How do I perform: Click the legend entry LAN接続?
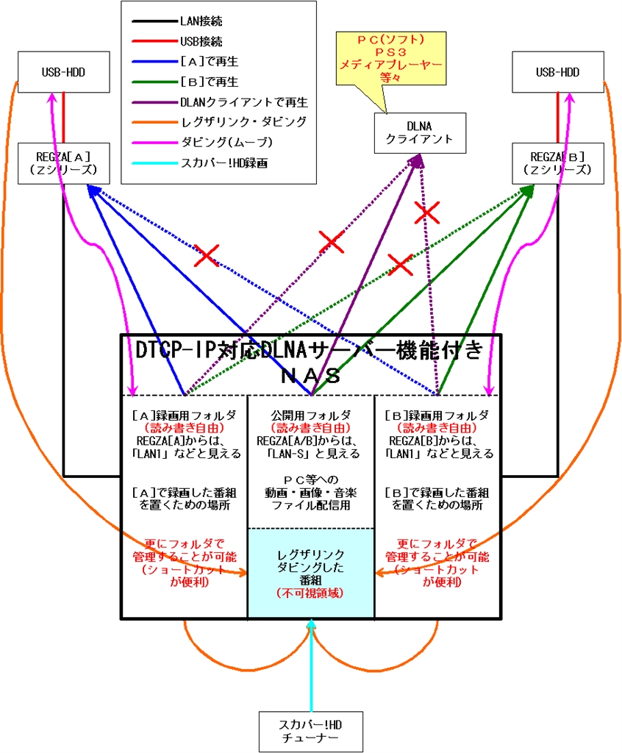click(203, 21)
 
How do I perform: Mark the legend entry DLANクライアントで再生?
click(243, 101)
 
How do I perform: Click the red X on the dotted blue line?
click(207, 256)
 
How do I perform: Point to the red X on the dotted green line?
click(400, 264)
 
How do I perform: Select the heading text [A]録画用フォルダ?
click(183, 415)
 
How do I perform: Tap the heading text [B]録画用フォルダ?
click(437, 415)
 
